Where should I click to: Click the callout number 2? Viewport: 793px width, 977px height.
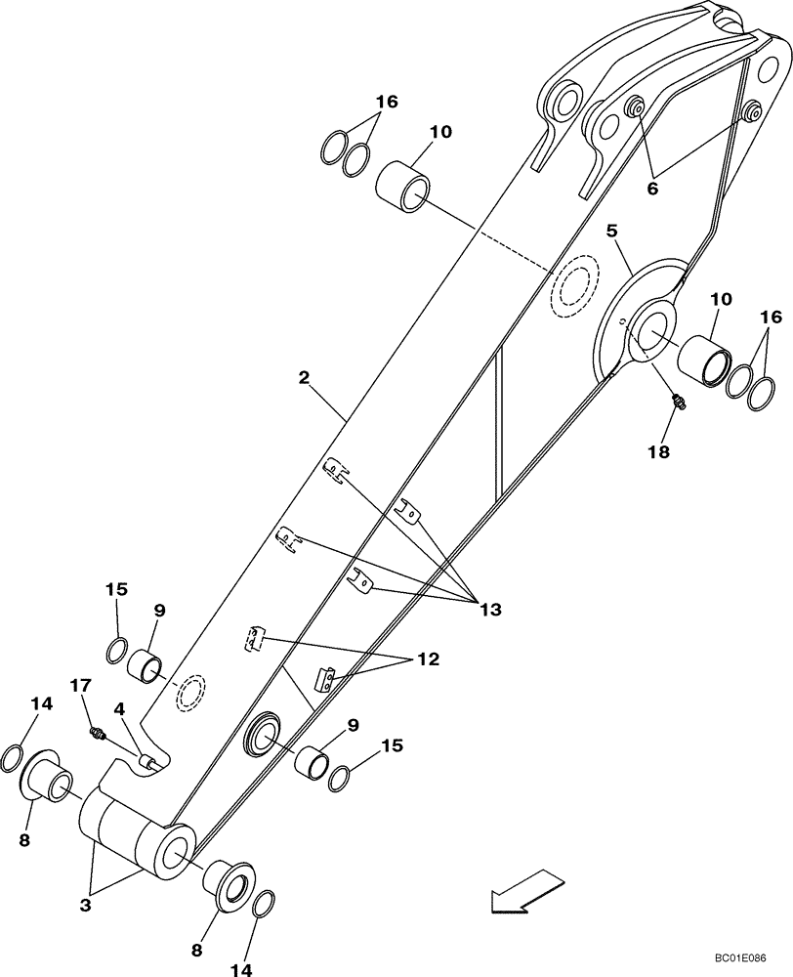pyautogui.click(x=306, y=376)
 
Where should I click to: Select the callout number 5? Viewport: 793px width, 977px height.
pyautogui.click(x=611, y=232)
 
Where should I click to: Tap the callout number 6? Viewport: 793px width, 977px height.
pyautogui.click(x=652, y=189)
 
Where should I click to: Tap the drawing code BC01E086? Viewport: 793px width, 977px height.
pyautogui.click(x=739, y=961)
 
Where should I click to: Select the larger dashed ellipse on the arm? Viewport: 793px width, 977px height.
pyautogui.click(x=574, y=287)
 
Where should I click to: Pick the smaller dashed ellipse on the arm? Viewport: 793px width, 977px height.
pyautogui.click(x=190, y=692)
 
